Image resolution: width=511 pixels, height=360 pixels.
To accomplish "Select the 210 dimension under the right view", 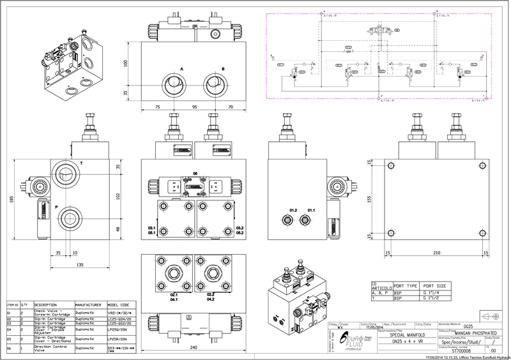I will (436, 253).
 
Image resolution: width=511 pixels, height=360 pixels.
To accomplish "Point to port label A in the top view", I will (181, 68).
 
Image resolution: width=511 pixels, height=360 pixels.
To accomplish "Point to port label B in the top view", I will (223, 68).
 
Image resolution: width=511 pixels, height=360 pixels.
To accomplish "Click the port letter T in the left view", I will (81, 163).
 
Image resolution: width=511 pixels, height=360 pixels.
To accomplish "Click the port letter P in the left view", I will (56, 207).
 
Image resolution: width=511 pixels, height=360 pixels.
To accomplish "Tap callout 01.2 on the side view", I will (293, 209).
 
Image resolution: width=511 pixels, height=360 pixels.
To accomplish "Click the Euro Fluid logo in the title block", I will (355, 340).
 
